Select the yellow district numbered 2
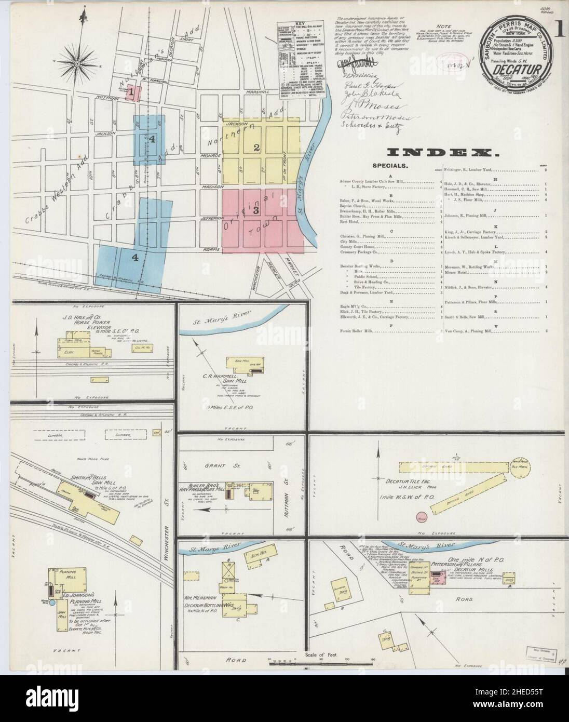point(256,147)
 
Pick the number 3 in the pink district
point(255,211)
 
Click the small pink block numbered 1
point(133,93)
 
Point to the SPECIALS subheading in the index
point(390,166)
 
